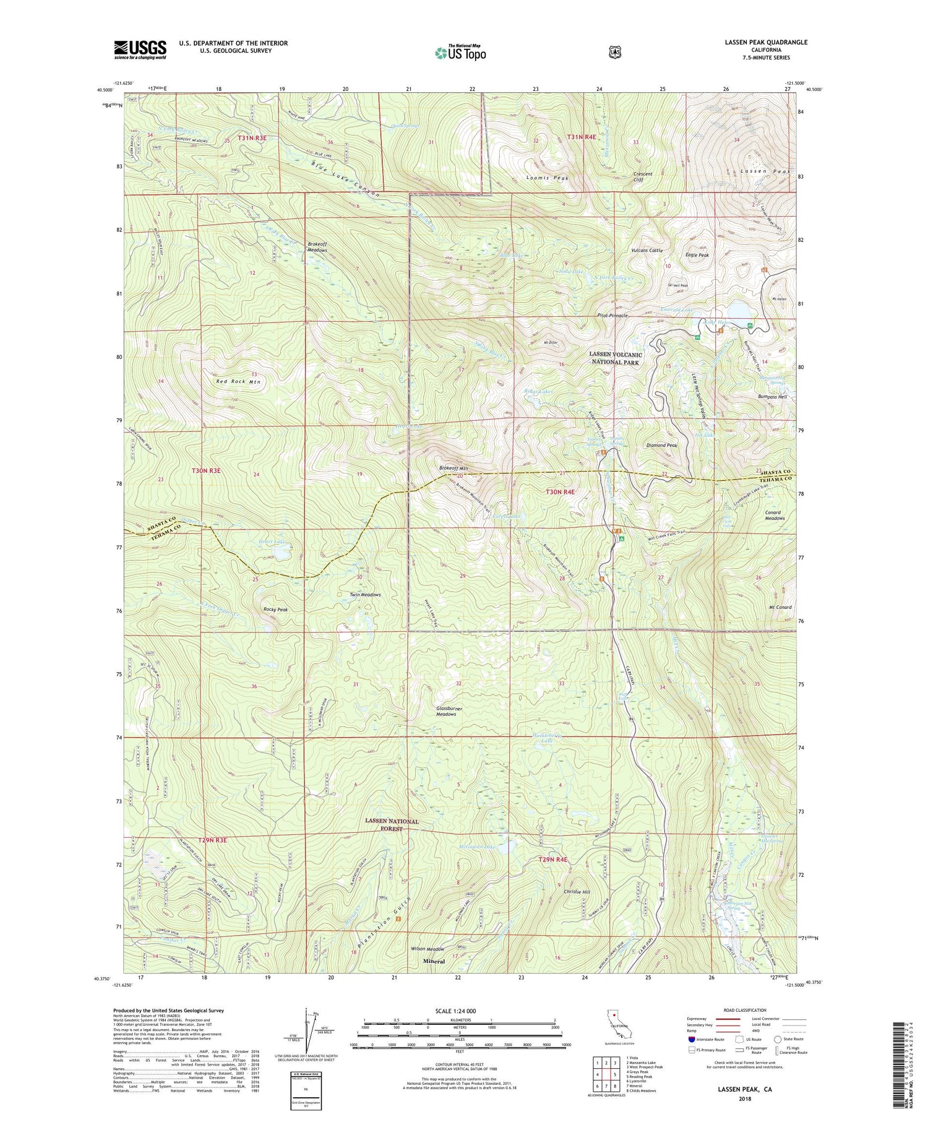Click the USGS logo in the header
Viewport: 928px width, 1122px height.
point(140,50)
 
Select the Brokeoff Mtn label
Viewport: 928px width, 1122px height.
point(453,468)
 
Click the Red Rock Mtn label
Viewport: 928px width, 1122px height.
point(238,382)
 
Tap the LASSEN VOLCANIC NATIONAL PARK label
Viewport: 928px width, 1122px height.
point(615,358)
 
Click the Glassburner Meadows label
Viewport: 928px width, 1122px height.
point(446,711)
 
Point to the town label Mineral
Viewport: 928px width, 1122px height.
point(434,961)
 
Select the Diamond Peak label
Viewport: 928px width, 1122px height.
point(661,445)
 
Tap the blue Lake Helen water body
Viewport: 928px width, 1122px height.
point(741,309)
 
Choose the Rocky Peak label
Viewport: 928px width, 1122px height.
point(275,610)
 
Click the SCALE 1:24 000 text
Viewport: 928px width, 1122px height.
point(456,1011)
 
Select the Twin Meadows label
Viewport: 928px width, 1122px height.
point(365,595)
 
